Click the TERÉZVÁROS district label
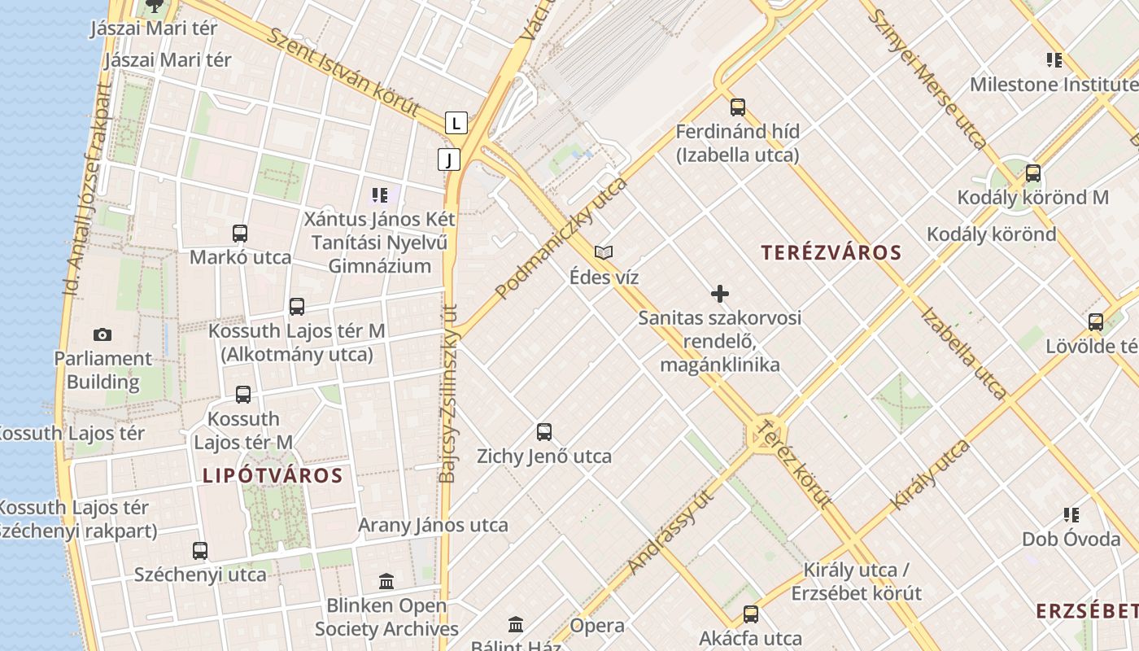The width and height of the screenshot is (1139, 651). pyautogui.click(x=831, y=252)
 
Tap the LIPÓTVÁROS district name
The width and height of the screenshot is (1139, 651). pyautogui.click(x=273, y=475)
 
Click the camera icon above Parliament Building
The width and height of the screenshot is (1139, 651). pyautogui.click(x=103, y=334)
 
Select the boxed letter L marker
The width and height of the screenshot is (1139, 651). pyautogui.click(x=456, y=123)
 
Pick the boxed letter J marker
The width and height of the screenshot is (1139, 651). pyautogui.click(x=449, y=159)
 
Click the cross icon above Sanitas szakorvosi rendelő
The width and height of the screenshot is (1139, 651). pyautogui.click(x=720, y=293)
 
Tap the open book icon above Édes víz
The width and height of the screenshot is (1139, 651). pyautogui.click(x=604, y=253)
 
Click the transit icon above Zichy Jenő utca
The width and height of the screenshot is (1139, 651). pyautogui.click(x=544, y=432)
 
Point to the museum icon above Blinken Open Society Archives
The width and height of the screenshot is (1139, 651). pyautogui.click(x=386, y=582)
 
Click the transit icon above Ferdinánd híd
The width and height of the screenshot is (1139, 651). pyautogui.click(x=738, y=107)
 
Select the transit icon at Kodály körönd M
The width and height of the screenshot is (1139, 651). pyautogui.click(x=1033, y=173)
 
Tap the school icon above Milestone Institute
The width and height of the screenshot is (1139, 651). pyautogui.click(x=1054, y=59)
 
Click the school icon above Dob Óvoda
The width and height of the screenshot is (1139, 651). pyautogui.click(x=1071, y=514)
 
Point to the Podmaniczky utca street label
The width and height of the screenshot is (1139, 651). pyautogui.click(x=561, y=238)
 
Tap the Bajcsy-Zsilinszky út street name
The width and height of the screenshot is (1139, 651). pyautogui.click(x=448, y=394)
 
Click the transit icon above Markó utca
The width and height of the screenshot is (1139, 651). pyautogui.click(x=240, y=234)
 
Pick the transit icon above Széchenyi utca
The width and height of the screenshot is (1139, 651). pyautogui.click(x=200, y=551)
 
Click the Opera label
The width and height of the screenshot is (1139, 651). pyautogui.click(x=597, y=626)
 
